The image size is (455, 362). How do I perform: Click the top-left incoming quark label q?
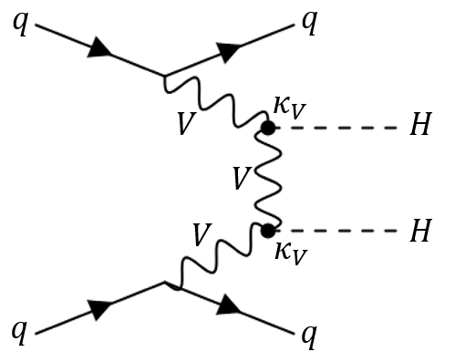point(19,23)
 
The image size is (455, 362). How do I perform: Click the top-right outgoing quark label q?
point(310,23)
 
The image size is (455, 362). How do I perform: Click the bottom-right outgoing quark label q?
point(310,336)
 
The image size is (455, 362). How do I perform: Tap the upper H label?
point(420,128)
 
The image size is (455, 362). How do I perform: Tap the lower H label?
point(420,232)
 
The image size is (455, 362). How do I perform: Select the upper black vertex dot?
point(268,129)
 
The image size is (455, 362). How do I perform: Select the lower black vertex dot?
point(268,231)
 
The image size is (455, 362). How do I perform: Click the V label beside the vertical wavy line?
point(240,179)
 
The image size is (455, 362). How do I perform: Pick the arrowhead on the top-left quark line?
point(98,51)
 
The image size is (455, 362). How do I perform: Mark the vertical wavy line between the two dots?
point(268,180)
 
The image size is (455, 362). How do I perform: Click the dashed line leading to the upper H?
point(337,129)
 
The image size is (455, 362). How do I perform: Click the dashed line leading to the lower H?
point(337,231)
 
